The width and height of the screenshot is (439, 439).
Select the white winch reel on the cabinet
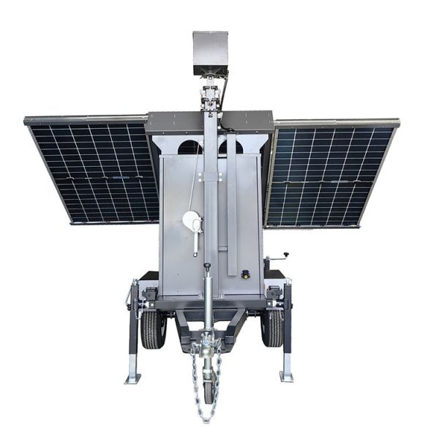(x=191, y=220)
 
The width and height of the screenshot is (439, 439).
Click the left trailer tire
(x=153, y=329)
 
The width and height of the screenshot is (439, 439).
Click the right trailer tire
(x=272, y=329)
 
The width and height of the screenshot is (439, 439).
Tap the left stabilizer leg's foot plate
(x=132, y=378)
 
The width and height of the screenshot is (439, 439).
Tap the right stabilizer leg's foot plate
(x=286, y=376)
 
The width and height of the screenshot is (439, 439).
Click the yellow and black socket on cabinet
(x=245, y=274)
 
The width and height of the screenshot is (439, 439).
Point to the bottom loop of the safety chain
(x=206, y=417)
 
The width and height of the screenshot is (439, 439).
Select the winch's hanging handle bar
(x=195, y=242)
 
